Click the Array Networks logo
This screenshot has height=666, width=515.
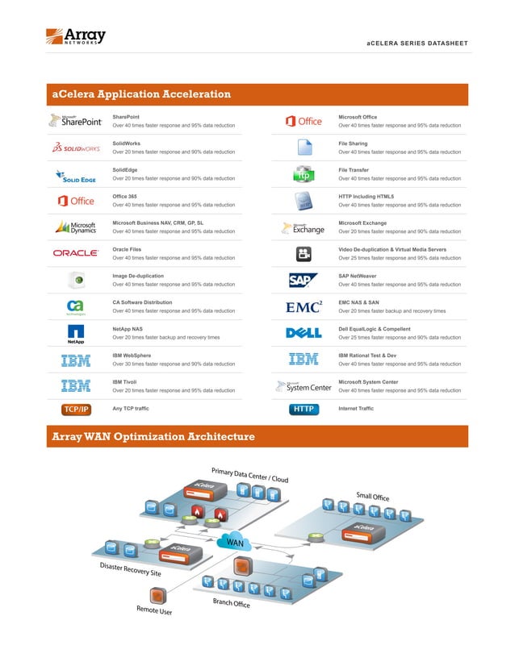75,36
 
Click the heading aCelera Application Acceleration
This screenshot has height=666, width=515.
141,94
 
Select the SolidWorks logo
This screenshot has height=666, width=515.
76,148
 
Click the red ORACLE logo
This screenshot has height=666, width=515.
76,253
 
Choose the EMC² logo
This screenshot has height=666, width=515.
304,306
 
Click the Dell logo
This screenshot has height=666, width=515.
304,333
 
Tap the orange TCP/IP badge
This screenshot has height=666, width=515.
76,410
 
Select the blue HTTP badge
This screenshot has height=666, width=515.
304,410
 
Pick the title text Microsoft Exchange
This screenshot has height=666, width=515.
362,223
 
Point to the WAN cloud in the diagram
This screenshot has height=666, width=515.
235,543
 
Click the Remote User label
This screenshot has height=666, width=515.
154,610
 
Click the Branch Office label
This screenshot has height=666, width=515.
232,603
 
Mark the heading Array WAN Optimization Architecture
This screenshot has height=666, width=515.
153,437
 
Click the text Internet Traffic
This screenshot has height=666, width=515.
356,409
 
